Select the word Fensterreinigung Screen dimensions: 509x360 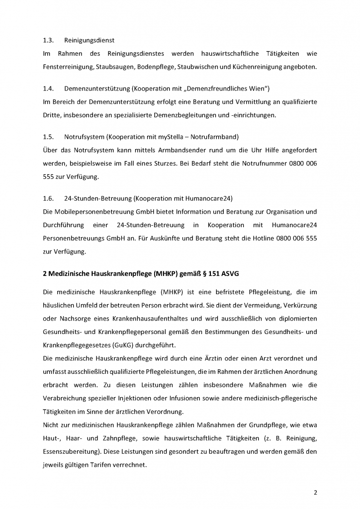pos(68,67)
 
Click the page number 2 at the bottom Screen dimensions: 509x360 pos(315,493)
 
